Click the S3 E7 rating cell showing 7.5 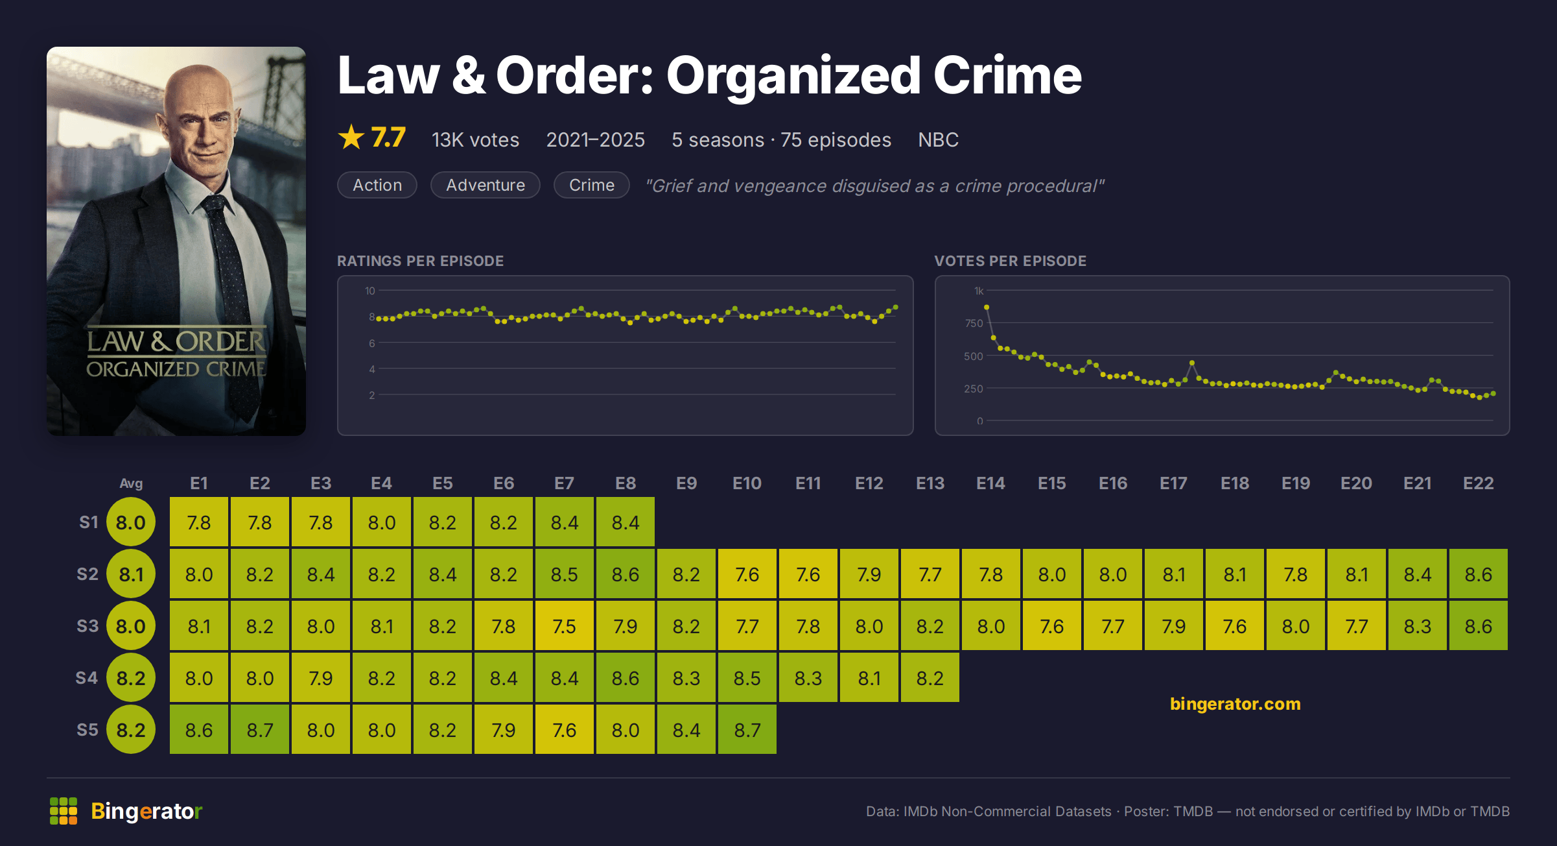tap(564, 626)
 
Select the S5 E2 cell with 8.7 tap(259, 730)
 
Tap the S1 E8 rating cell tap(625, 522)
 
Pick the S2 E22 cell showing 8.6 tap(1478, 574)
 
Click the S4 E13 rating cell tap(930, 678)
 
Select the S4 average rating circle tap(131, 678)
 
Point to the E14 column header tap(990, 483)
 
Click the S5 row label tap(88, 730)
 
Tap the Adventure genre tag tap(486, 185)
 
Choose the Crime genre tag tap(591, 185)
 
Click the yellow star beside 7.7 tap(351, 137)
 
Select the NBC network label tap(938, 139)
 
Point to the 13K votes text tap(475, 139)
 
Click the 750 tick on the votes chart tap(974, 323)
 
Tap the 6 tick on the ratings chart tap(372, 343)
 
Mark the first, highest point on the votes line tap(987, 308)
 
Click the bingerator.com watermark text tap(1235, 704)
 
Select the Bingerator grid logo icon tap(64, 811)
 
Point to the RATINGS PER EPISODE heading tap(420, 261)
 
